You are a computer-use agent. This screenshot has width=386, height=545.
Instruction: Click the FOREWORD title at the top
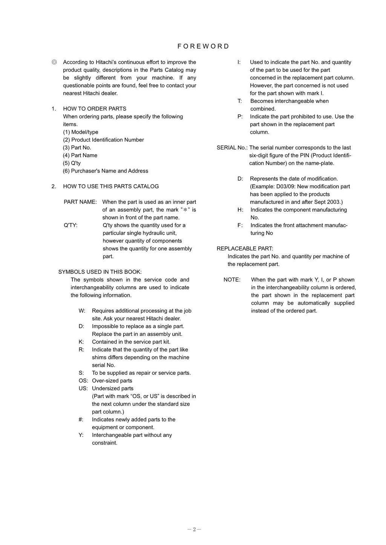point(203,46)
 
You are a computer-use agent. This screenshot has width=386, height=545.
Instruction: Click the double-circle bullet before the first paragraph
point(54,62)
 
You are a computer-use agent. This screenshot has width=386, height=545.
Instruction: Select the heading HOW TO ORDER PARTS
point(95,109)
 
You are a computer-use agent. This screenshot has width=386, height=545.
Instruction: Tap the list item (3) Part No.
point(77,148)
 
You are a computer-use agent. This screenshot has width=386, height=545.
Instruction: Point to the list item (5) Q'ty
point(72,163)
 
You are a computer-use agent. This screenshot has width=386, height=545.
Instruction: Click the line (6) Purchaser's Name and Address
point(106,171)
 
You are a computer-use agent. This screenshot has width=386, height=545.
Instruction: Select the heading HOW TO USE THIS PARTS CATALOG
point(111,186)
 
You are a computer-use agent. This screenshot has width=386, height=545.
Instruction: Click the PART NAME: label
point(80,202)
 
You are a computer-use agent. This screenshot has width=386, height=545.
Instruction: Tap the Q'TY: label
point(70,225)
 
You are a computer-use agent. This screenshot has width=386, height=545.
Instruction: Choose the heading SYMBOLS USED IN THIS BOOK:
point(100,272)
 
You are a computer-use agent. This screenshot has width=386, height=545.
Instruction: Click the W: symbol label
point(82,311)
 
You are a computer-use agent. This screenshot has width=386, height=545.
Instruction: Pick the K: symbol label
point(81,342)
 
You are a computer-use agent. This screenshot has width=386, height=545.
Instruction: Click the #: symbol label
point(81,420)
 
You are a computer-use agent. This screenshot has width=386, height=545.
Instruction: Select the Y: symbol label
point(81,435)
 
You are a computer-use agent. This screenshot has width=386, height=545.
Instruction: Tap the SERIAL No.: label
point(232,148)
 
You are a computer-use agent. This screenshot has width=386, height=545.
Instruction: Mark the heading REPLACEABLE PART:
point(245,249)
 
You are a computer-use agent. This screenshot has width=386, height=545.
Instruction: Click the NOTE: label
point(232,280)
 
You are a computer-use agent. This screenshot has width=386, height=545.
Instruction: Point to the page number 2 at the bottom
point(194,529)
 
